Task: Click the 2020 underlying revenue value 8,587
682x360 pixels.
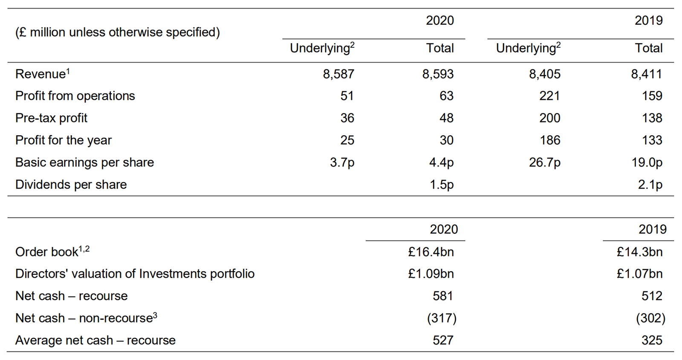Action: (x=338, y=74)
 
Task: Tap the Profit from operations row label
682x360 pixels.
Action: (x=75, y=96)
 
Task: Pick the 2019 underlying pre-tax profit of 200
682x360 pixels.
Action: (x=549, y=118)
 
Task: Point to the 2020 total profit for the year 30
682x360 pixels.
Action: (x=446, y=140)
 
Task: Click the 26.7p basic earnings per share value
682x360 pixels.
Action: (x=545, y=163)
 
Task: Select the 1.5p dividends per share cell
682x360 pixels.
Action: (x=442, y=185)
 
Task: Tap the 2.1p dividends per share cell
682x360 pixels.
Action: (x=650, y=185)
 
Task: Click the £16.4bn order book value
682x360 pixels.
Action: (x=431, y=252)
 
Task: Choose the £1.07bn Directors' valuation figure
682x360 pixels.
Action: (x=639, y=274)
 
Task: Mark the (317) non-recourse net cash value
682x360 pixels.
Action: (x=442, y=318)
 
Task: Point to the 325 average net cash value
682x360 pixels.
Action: (x=652, y=340)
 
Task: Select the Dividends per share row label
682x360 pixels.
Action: (x=71, y=185)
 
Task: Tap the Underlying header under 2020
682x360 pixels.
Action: (x=322, y=48)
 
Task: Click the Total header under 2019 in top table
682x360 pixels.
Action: (x=648, y=48)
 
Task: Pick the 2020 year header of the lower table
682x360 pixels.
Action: (x=443, y=229)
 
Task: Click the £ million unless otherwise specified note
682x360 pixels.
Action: (x=117, y=32)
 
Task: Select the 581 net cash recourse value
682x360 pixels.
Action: (x=443, y=296)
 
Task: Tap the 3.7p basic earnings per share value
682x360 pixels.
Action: (x=342, y=163)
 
